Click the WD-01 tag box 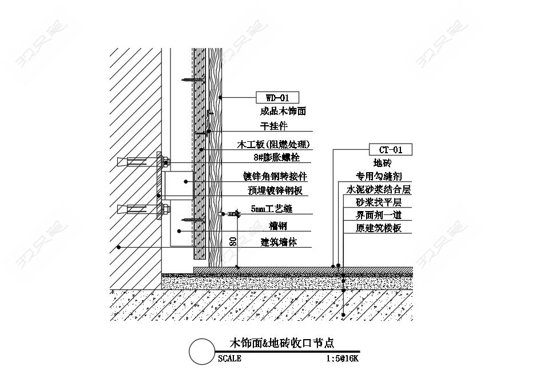(277, 97)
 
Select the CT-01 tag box (391, 150)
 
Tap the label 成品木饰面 (283, 112)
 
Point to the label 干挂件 (274, 126)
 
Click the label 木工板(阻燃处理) (273, 144)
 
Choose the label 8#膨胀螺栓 (276, 157)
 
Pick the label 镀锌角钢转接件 (275, 176)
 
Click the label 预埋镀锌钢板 (275, 190)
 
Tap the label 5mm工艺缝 (271, 209)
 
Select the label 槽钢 (277, 226)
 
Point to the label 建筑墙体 (279, 242)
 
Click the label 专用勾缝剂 (379, 176)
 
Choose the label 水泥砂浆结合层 (379, 189)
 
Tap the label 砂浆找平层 (379, 202)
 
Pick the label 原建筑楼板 (379, 228)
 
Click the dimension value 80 (232, 241)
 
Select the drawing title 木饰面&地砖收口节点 (281, 343)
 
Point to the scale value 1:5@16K (342, 359)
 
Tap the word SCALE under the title (229, 359)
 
